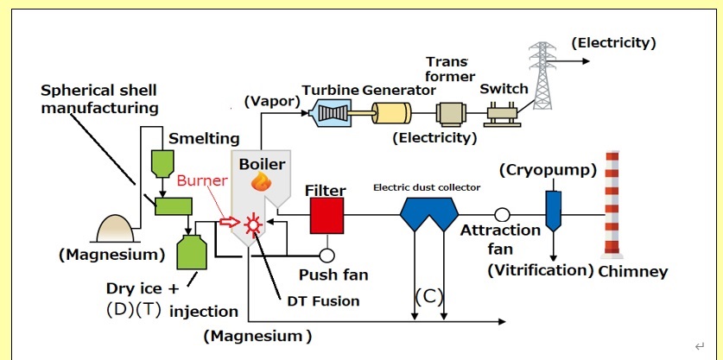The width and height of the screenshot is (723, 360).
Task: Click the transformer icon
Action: point(450,113)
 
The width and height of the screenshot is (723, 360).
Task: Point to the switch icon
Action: point(502,114)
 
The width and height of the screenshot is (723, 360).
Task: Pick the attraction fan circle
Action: point(501,214)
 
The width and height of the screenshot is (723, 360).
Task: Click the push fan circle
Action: point(327,256)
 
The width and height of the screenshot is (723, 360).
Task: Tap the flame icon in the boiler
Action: point(260,182)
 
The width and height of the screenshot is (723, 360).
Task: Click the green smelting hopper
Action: point(162,164)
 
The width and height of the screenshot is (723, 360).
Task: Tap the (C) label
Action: point(428,296)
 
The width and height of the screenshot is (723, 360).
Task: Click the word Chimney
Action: point(633,272)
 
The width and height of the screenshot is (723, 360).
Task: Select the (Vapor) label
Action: point(270,101)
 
